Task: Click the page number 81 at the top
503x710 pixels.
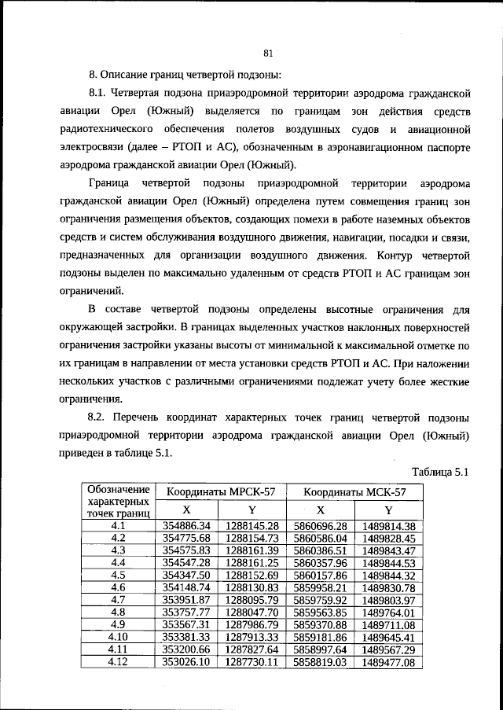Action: (268, 53)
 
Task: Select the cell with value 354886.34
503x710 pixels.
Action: (186, 525)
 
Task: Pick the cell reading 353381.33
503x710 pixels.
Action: (186, 638)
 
